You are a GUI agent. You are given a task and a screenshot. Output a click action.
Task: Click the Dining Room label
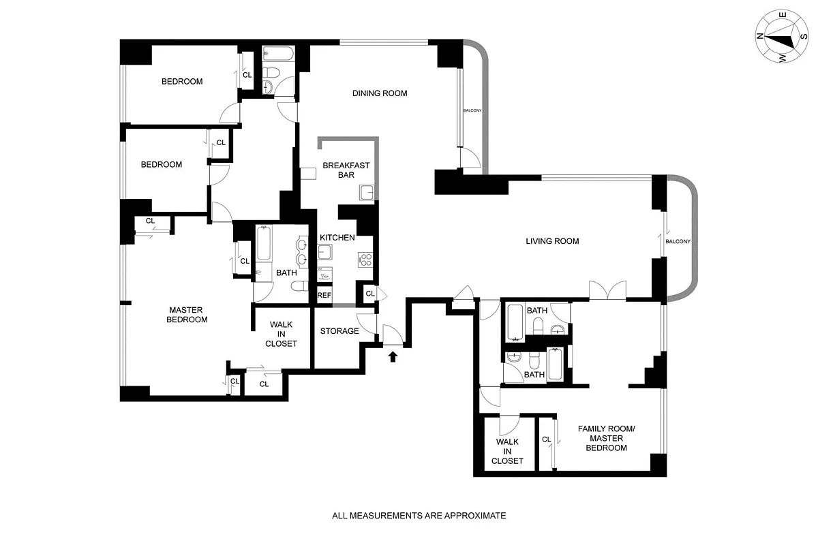pyautogui.click(x=380, y=93)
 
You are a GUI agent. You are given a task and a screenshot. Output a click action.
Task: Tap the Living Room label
pyautogui.click(x=552, y=241)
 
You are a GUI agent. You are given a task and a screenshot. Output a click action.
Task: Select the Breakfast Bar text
pyautogui.click(x=346, y=170)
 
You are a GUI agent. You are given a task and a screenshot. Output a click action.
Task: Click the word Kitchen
pyautogui.click(x=337, y=238)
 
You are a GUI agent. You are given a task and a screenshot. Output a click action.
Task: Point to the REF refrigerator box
pyautogui.click(x=324, y=296)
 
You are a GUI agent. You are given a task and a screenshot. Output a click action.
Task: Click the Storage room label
pyautogui.click(x=339, y=331)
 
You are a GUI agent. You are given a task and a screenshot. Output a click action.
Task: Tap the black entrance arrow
pyautogui.click(x=393, y=356)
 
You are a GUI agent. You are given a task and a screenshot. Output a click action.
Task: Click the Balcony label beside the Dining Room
pyautogui.click(x=472, y=110)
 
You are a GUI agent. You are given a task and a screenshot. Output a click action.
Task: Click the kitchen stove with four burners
pyautogui.click(x=365, y=259)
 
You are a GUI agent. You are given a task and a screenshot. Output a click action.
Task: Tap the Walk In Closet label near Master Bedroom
pyautogui.click(x=281, y=334)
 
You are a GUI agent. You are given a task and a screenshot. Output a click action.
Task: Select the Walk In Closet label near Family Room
pyautogui.click(x=507, y=451)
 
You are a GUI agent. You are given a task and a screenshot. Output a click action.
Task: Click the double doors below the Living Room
pyautogui.click(x=607, y=290)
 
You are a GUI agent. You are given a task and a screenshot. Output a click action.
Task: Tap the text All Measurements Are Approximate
pyautogui.click(x=419, y=516)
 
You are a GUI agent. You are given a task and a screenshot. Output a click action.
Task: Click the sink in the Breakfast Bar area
pyautogui.click(x=367, y=193)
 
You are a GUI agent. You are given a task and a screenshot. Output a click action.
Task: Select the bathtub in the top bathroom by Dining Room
pyautogui.click(x=279, y=54)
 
